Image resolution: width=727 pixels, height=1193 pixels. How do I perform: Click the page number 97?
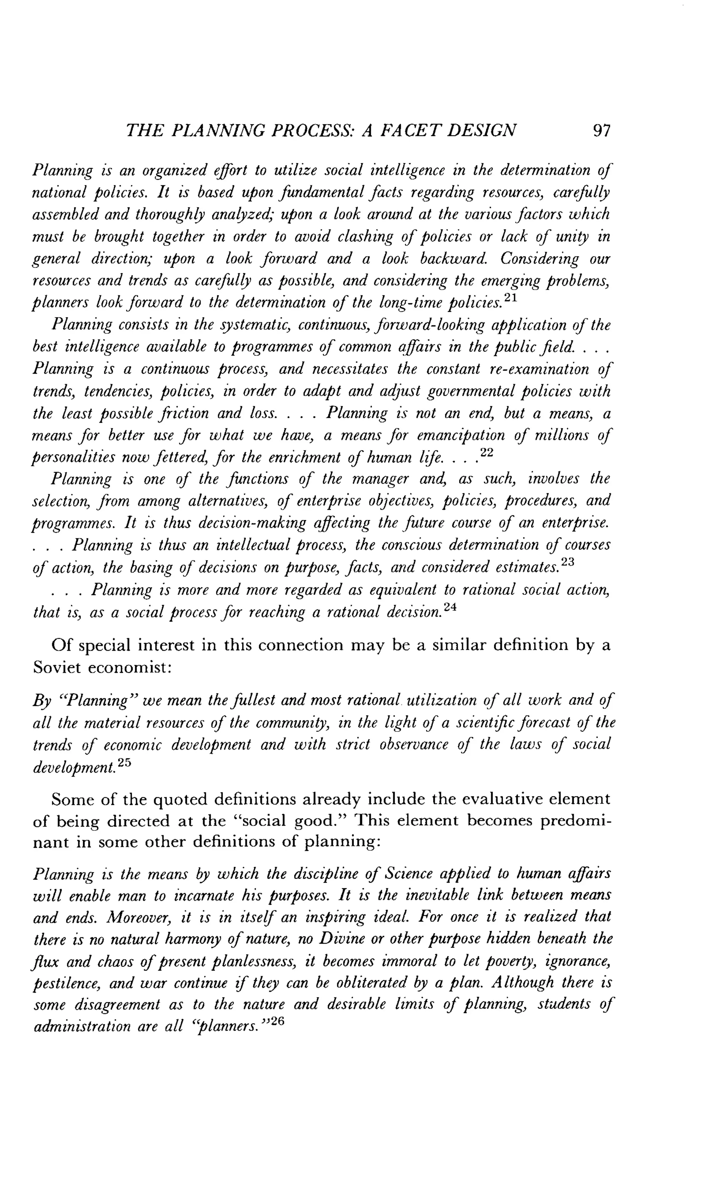601,131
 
